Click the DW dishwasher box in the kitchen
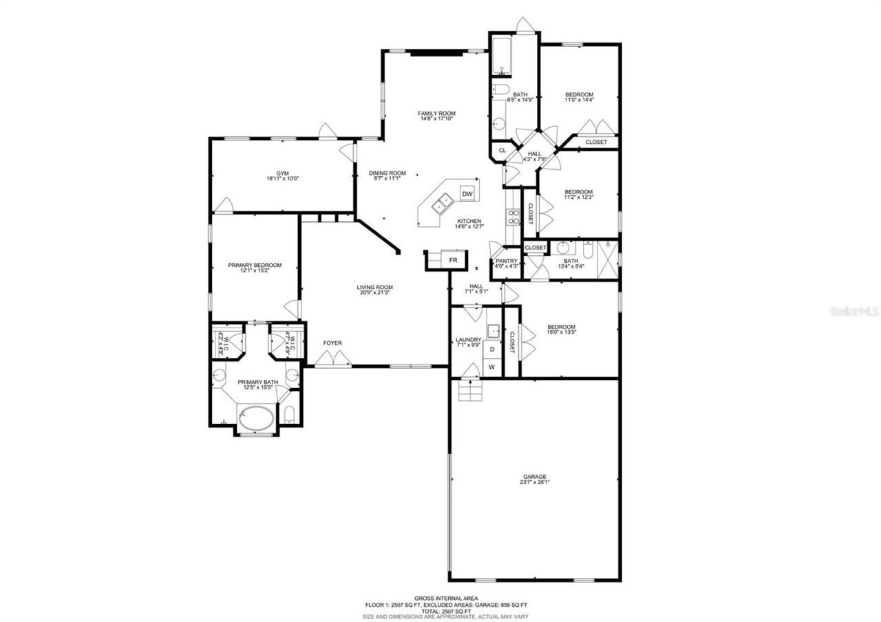pyautogui.click(x=467, y=194)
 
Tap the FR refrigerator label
pyautogui.click(x=454, y=260)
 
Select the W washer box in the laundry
pyautogui.click(x=491, y=367)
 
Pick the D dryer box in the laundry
pyautogui.click(x=491, y=350)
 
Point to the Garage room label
pyautogui.click(x=534, y=476)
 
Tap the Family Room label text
pyautogui.click(x=436, y=114)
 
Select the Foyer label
pyautogui.click(x=332, y=343)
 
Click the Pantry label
pyautogui.click(x=506, y=261)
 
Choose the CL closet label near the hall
pyautogui.click(x=502, y=150)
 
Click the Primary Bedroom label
pyautogui.click(x=255, y=265)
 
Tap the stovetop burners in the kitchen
pyautogui.click(x=513, y=217)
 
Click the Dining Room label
pyautogui.click(x=387, y=173)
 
